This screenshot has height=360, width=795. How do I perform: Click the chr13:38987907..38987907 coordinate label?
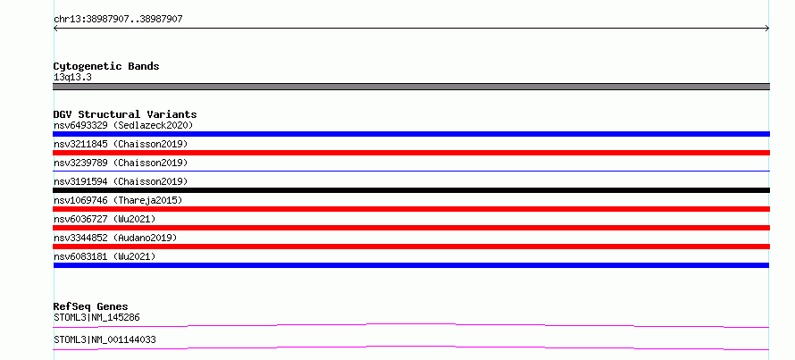pyautogui.click(x=118, y=20)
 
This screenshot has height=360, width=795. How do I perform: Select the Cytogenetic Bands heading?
pyautogui.click(x=106, y=66)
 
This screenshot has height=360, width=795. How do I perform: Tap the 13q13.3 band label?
pyautogui.click(x=72, y=78)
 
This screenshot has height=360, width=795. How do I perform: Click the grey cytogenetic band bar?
pyautogui.click(x=411, y=87)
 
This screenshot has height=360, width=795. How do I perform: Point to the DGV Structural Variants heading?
pyautogui.click(x=125, y=114)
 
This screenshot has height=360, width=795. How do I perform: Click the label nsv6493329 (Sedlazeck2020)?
pyautogui.click(x=123, y=125)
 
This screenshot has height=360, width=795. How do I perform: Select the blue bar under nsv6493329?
pyautogui.click(x=411, y=134)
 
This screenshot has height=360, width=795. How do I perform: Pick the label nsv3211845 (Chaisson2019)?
pyautogui.click(x=121, y=144)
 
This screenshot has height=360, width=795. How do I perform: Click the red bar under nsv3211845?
pyautogui.click(x=411, y=153)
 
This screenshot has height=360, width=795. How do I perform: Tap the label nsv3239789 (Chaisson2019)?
pyautogui.click(x=121, y=163)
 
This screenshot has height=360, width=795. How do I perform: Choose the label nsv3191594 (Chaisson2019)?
pyautogui.click(x=121, y=181)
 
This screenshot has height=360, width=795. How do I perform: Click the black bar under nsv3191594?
pyautogui.click(x=411, y=190)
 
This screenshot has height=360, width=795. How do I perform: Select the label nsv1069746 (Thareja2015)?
pyautogui.click(x=118, y=200)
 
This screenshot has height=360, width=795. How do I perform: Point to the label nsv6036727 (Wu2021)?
pyautogui.click(x=105, y=219)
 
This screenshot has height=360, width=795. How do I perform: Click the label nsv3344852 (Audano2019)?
pyautogui.click(x=115, y=238)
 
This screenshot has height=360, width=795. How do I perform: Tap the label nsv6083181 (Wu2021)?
pyautogui.click(x=105, y=256)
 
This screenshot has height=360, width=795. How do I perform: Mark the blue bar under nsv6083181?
pyautogui.click(x=411, y=265)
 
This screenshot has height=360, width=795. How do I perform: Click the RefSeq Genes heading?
pyautogui.click(x=91, y=306)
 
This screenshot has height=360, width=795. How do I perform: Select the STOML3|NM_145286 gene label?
pyautogui.click(x=96, y=318)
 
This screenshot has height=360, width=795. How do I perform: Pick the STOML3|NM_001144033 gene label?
pyautogui.click(x=105, y=339)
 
